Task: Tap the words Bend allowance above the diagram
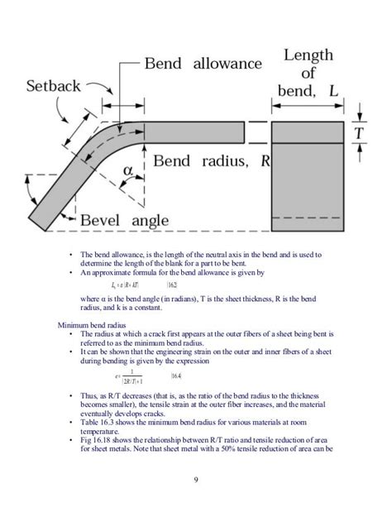click(203, 63)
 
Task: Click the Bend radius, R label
click(213, 161)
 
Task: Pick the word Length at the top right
click(309, 55)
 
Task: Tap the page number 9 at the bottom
click(196, 481)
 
